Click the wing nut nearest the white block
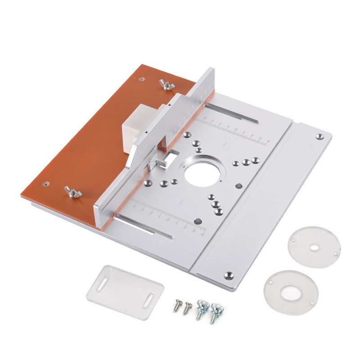coord(167,84)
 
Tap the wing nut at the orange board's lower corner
coord(72,192)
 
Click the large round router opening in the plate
coord(201,171)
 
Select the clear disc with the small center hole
coord(314,247)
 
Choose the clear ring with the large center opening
coord(291,292)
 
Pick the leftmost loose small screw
coord(176,306)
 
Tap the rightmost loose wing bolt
coord(216,311)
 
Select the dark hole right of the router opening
coord(239,185)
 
